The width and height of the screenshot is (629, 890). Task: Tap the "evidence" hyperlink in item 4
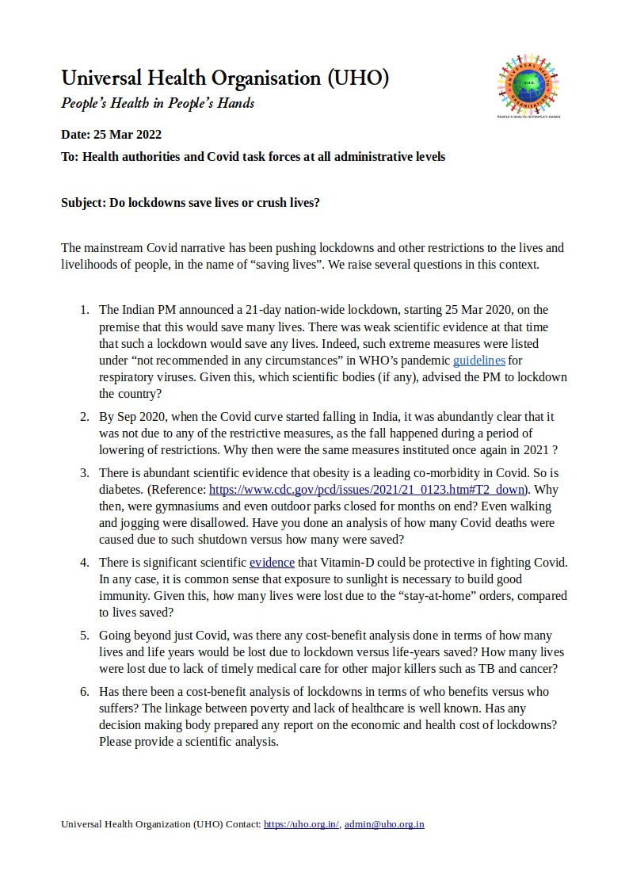(x=272, y=563)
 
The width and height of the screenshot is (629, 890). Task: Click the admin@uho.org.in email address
(x=384, y=824)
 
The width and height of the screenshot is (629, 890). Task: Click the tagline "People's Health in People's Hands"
(x=158, y=103)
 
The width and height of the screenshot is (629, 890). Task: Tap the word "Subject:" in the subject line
(x=83, y=202)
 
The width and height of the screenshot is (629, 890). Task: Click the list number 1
(x=84, y=309)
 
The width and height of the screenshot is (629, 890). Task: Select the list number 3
(x=84, y=473)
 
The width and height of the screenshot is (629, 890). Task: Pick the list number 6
(x=84, y=692)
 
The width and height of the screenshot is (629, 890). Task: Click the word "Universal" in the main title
(x=101, y=78)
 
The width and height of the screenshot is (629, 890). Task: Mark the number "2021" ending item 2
(x=536, y=450)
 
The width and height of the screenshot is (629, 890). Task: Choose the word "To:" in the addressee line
(x=70, y=157)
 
